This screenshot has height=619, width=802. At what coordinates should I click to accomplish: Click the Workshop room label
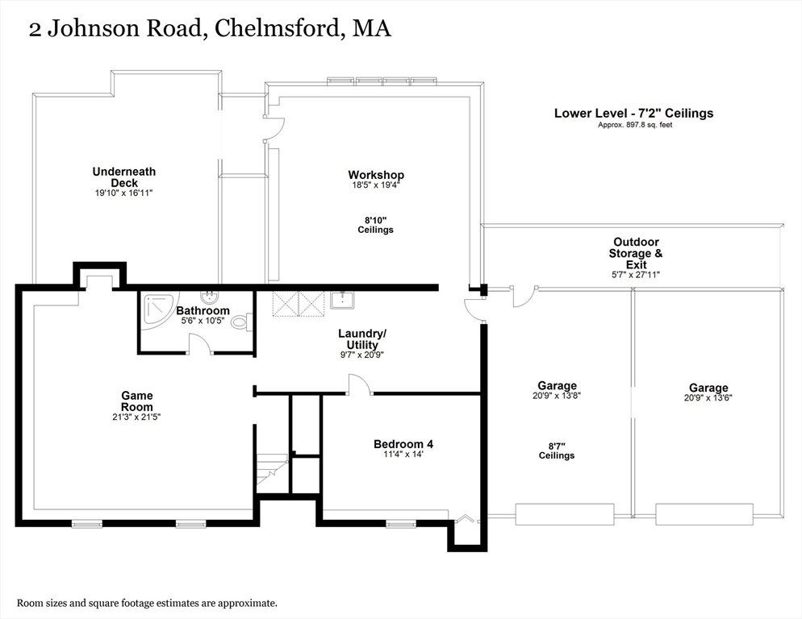click(x=375, y=175)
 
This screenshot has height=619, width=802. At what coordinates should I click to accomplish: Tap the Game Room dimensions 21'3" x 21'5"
click(x=137, y=416)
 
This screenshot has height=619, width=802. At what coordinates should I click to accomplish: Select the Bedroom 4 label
click(x=408, y=444)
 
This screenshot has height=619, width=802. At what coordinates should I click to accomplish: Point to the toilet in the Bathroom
click(x=240, y=322)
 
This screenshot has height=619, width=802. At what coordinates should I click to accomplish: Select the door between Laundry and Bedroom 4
click(x=360, y=386)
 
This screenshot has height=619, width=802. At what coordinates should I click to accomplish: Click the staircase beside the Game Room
click(x=271, y=470)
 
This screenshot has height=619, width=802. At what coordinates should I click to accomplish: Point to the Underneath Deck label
click(x=123, y=177)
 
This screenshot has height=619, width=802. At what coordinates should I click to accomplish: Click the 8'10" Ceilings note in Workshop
click(x=375, y=224)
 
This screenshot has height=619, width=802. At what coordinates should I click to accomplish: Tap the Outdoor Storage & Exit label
click(x=636, y=252)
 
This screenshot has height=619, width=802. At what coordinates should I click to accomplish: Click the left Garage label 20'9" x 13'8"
click(x=557, y=390)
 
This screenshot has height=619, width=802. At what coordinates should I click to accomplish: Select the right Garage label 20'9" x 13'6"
click(x=708, y=392)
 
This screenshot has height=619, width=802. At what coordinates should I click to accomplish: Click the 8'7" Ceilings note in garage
click(x=557, y=450)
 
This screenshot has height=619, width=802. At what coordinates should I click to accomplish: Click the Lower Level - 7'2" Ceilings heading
click(x=633, y=114)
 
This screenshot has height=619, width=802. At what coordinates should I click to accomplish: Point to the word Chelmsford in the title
click(x=279, y=30)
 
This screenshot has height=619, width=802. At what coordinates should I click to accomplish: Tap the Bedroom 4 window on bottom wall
click(x=401, y=524)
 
